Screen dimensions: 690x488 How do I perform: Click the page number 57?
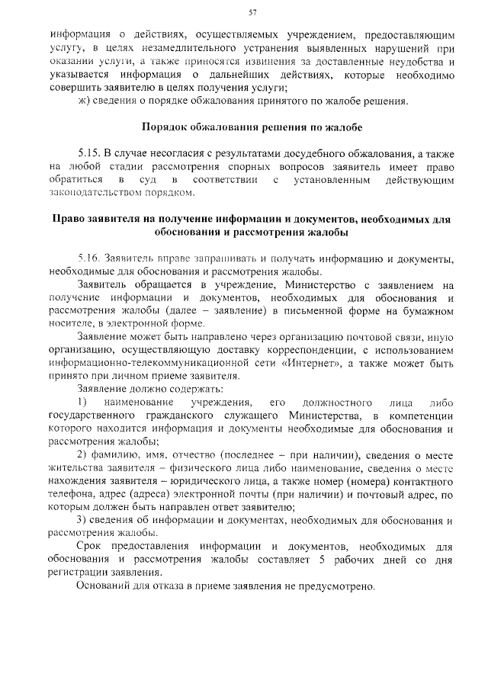click(252, 12)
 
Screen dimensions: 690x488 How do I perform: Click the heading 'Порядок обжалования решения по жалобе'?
click(252, 126)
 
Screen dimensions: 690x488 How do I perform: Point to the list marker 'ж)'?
click(84, 101)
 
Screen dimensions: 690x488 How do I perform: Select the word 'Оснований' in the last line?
click(106, 587)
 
